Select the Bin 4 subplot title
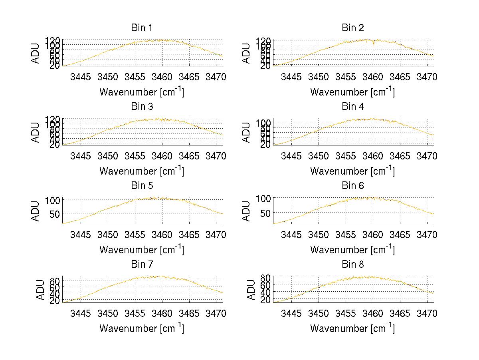coord(353,107)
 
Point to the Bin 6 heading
coord(353,186)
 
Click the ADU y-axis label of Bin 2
coord(246,54)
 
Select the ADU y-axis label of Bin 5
coord(36,211)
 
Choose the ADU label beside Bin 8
coord(251,290)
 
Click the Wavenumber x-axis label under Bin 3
coord(142,171)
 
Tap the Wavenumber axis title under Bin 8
coord(352,328)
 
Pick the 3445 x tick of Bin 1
coord(81,77)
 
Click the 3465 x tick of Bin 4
coord(400,156)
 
